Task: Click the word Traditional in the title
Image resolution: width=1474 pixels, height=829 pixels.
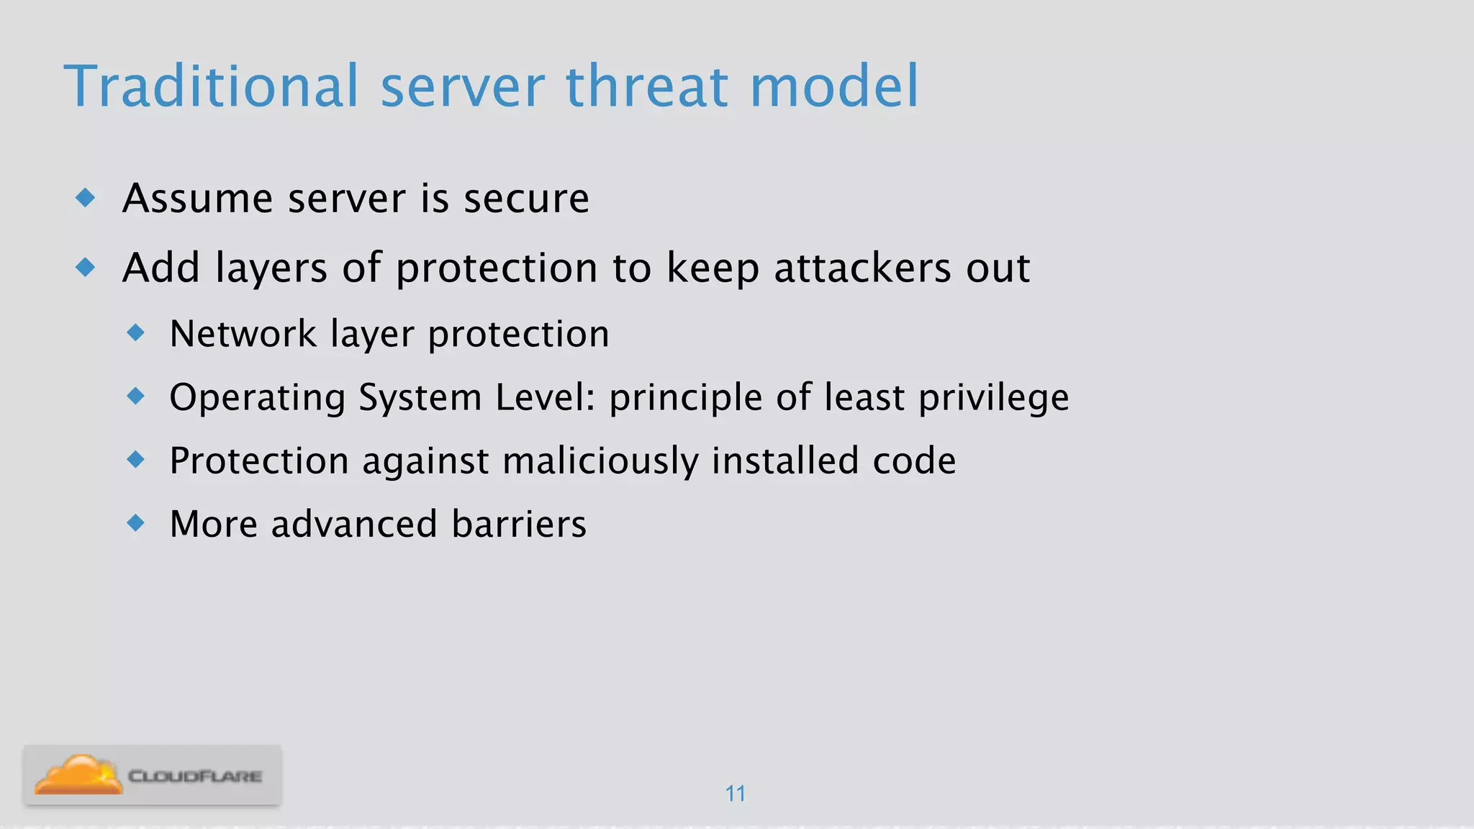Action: coord(211,86)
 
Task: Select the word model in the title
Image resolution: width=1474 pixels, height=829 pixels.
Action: coord(834,86)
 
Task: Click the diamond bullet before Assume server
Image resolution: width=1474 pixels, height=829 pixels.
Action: coord(86,197)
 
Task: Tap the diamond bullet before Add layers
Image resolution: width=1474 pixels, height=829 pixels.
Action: coord(86,268)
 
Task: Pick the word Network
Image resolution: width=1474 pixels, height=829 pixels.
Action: coord(243,334)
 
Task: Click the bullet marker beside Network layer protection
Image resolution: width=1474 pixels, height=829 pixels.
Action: coord(135,332)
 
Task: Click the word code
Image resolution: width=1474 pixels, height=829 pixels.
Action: coord(914,461)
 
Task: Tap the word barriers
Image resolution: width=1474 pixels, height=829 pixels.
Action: coord(519,524)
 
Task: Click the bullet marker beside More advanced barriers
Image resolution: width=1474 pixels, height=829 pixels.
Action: coord(135,522)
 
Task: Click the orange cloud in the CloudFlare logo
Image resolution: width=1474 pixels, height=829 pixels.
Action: coord(78,776)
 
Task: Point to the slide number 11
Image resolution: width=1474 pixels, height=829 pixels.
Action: coord(735,794)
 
